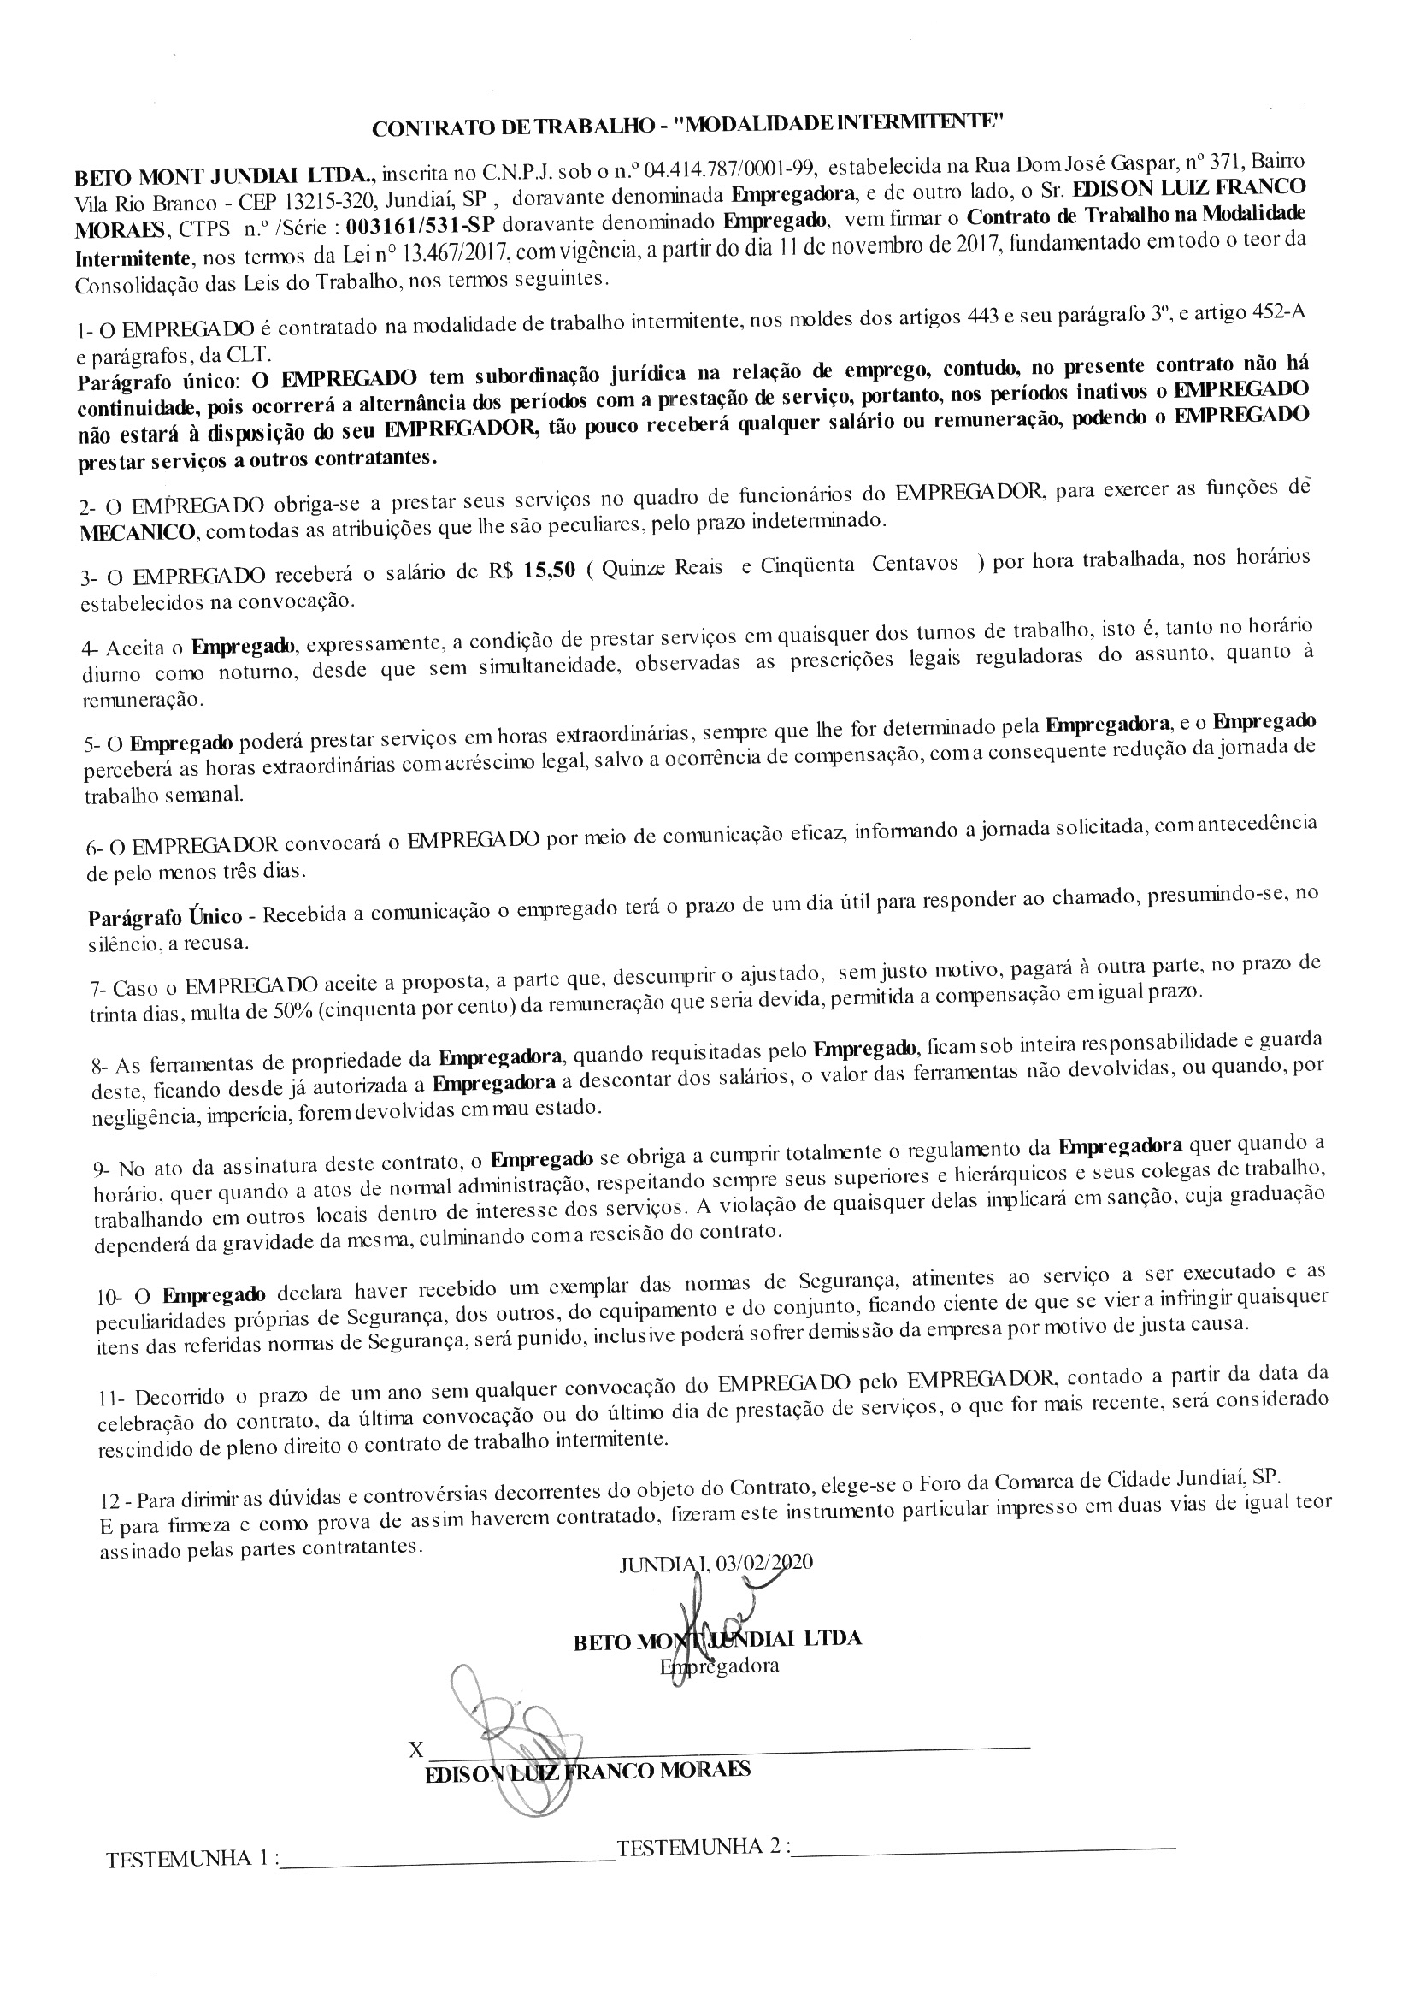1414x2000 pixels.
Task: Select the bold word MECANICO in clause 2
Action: (x=137, y=531)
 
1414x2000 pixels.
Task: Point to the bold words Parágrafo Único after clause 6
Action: (x=167, y=916)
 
